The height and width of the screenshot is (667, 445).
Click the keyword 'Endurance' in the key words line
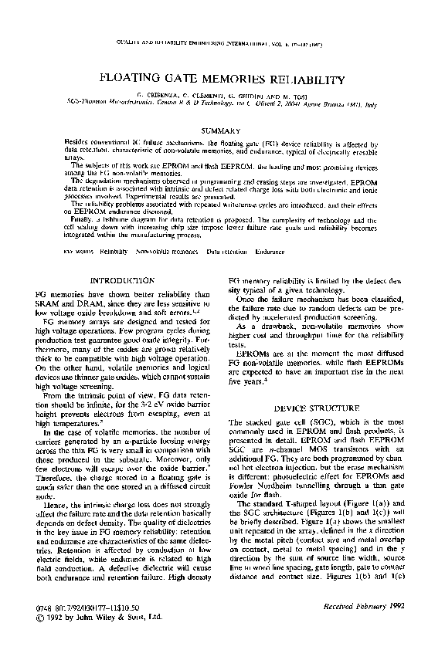click(x=270, y=252)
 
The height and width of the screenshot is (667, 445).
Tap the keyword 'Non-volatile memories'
click(x=167, y=252)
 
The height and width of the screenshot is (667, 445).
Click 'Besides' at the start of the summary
click(x=76, y=144)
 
